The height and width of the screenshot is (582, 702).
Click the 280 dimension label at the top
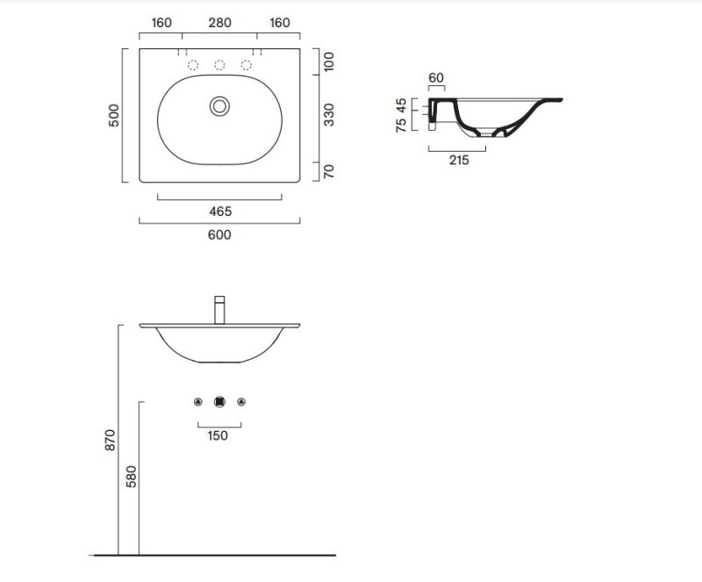(x=220, y=23)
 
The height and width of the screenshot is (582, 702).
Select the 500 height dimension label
(x=114, y=116)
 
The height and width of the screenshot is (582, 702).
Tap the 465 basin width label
(x=220, y=211)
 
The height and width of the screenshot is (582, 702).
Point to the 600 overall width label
(x=219, y=234)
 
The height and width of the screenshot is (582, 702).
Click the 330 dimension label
(x=329, y=115)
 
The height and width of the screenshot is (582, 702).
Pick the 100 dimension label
(x=329, y=61)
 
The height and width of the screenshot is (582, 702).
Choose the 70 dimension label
(x=329, y=171)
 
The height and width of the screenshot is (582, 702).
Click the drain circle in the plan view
(x=220, y=106)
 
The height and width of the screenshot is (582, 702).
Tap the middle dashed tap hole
(x=219, y=65)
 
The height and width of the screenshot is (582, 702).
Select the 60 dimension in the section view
(x=436, y=77)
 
